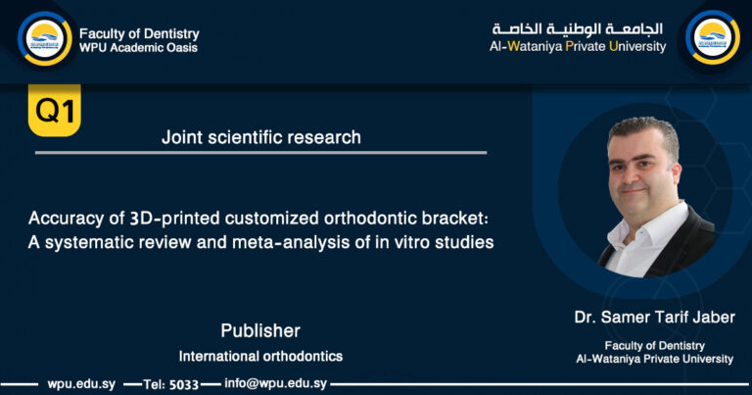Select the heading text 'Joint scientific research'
point(260,138)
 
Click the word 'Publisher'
point(259,330)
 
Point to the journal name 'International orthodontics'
point(260,356)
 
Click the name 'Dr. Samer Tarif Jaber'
point(654,317)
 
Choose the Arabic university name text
point(579,28)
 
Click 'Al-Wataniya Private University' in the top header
point(578,46)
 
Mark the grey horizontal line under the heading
point(260,153)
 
